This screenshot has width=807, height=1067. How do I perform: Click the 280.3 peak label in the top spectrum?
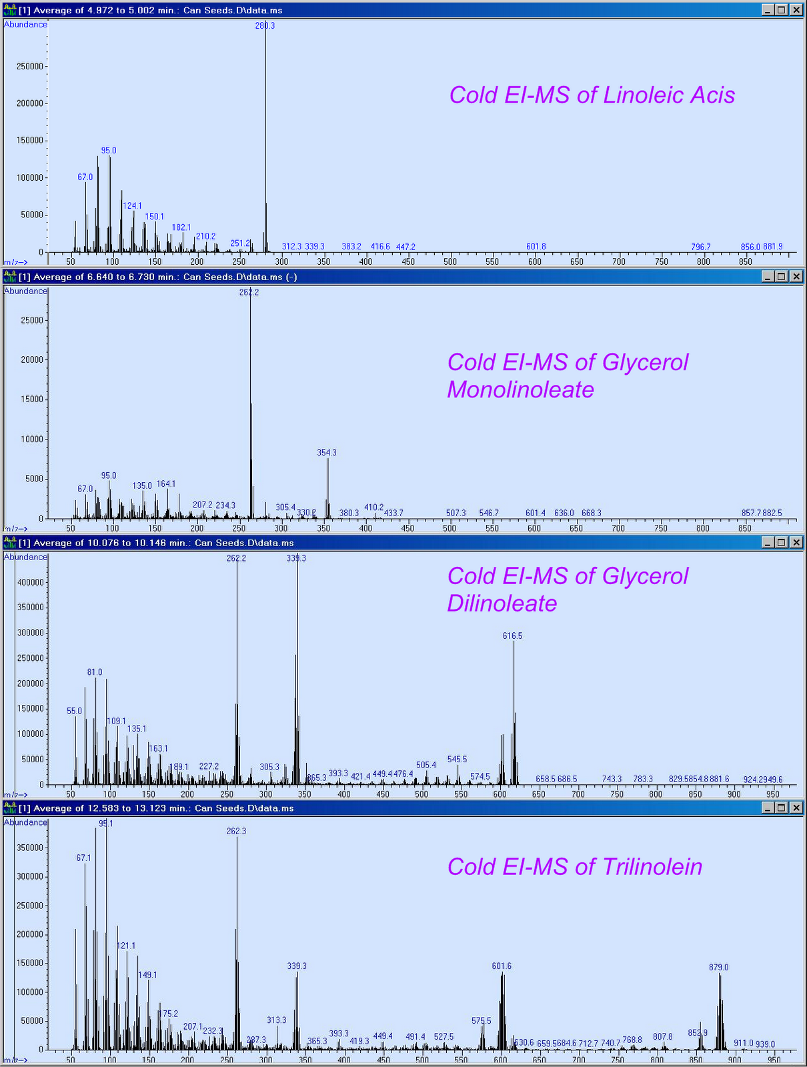click(x=265, y=25)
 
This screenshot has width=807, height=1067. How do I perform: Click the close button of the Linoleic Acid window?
click(x=796, y=10)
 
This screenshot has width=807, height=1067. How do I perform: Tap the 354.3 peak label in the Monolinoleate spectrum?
click(x=327, y=452)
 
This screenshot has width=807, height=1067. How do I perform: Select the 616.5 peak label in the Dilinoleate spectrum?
click(x=512, y=636)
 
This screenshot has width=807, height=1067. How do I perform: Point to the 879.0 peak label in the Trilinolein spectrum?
click(x=718, y=967)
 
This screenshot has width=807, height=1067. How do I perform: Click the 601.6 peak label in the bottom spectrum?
click(x=502, y=966)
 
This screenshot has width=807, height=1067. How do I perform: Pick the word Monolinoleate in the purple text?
click(x=520, y=389)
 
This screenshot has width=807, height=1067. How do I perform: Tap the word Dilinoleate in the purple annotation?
click(x=502, y=603)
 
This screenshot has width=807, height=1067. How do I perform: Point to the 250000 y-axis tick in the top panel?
click(x=29, y=67)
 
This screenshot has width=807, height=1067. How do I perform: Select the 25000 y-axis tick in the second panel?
click(x=31, y=320)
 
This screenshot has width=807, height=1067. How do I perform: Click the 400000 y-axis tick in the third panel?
click(x=29, y=582)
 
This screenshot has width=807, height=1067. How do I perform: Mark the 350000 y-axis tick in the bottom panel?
click(x=29, y=848)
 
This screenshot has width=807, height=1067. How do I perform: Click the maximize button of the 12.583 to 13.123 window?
click(x=781, y=808)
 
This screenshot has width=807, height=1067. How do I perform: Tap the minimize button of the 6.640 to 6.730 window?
click(x=767, y=276)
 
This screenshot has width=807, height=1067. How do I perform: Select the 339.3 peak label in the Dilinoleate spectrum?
click(x=296, y=558)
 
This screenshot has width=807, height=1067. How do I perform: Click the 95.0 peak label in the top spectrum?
click(x=109, y=151)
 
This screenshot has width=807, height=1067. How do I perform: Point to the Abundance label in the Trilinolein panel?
click(x=26, y=822)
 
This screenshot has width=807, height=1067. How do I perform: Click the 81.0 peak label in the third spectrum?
click(x=95, y=672)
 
